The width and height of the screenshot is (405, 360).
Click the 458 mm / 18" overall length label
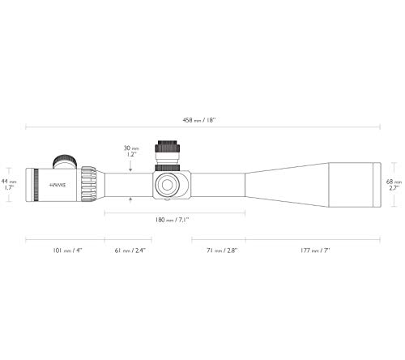click(x=199, y=120)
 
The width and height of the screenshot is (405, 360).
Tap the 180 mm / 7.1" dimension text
click(x=172, y=220)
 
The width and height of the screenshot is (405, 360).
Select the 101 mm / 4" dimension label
click(x=67, y=251)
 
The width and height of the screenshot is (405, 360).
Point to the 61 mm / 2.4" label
click(x=130, y=251)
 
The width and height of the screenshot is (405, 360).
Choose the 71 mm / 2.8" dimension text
click(x=222, y=251)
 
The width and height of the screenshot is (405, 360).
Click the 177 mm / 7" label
click(x=315, y=251)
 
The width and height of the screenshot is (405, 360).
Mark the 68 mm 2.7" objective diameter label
click(x=394, y=185)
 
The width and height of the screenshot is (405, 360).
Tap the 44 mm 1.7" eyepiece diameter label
click(x=9, y=184)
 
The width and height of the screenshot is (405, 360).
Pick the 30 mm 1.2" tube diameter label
click(x=131, y=152)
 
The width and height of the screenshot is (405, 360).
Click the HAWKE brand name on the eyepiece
click(x=58, y=186)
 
